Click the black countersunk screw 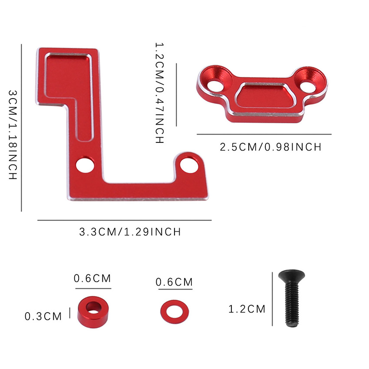click(x=292, y=299)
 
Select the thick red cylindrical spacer click(x=93, y=312)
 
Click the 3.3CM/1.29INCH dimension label click(x=130, y=232)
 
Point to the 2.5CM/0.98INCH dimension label click(x=270, y=147)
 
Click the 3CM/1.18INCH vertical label click(x=13, y=135)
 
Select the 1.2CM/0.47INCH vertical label click(x=159, y=93)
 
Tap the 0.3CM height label click(x=43, y=316)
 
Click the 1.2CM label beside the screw click(x=247, y=309)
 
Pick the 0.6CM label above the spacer click(x=92, y=278)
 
